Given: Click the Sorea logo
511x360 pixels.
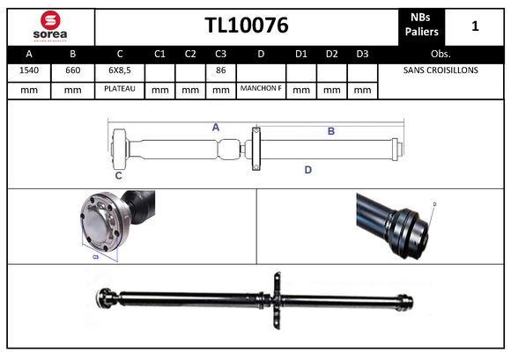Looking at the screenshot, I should click(x=50, y=26).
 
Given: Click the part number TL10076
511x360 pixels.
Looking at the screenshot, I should click(x=247, y=26).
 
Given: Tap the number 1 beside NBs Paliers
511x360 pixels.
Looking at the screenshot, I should click(x=475, y=26).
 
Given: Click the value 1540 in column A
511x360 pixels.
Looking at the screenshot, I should click(x=29, y=70).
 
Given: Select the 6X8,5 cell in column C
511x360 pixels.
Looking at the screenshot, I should click(x=119, y=70).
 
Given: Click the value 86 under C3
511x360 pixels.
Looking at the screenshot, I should click(x=220, y=70).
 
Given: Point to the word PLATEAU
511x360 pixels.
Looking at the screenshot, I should click(x=119, y=89).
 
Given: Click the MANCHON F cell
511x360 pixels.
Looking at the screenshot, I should click(x=261, y=89).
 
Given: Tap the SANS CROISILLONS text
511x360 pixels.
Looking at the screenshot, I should click(x=440, y=70).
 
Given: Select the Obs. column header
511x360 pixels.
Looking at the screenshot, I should click(x=440, y=53).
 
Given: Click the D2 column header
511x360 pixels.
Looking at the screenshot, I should click(x=331, y=53).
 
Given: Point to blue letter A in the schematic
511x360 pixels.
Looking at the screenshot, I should click(x=215, y=128).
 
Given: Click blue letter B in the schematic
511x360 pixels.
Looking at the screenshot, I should click(x=331, y=131).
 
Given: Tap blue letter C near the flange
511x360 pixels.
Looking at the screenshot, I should click(x=118, y=175).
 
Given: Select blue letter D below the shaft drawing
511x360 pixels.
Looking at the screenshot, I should click(x=307, y=170).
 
